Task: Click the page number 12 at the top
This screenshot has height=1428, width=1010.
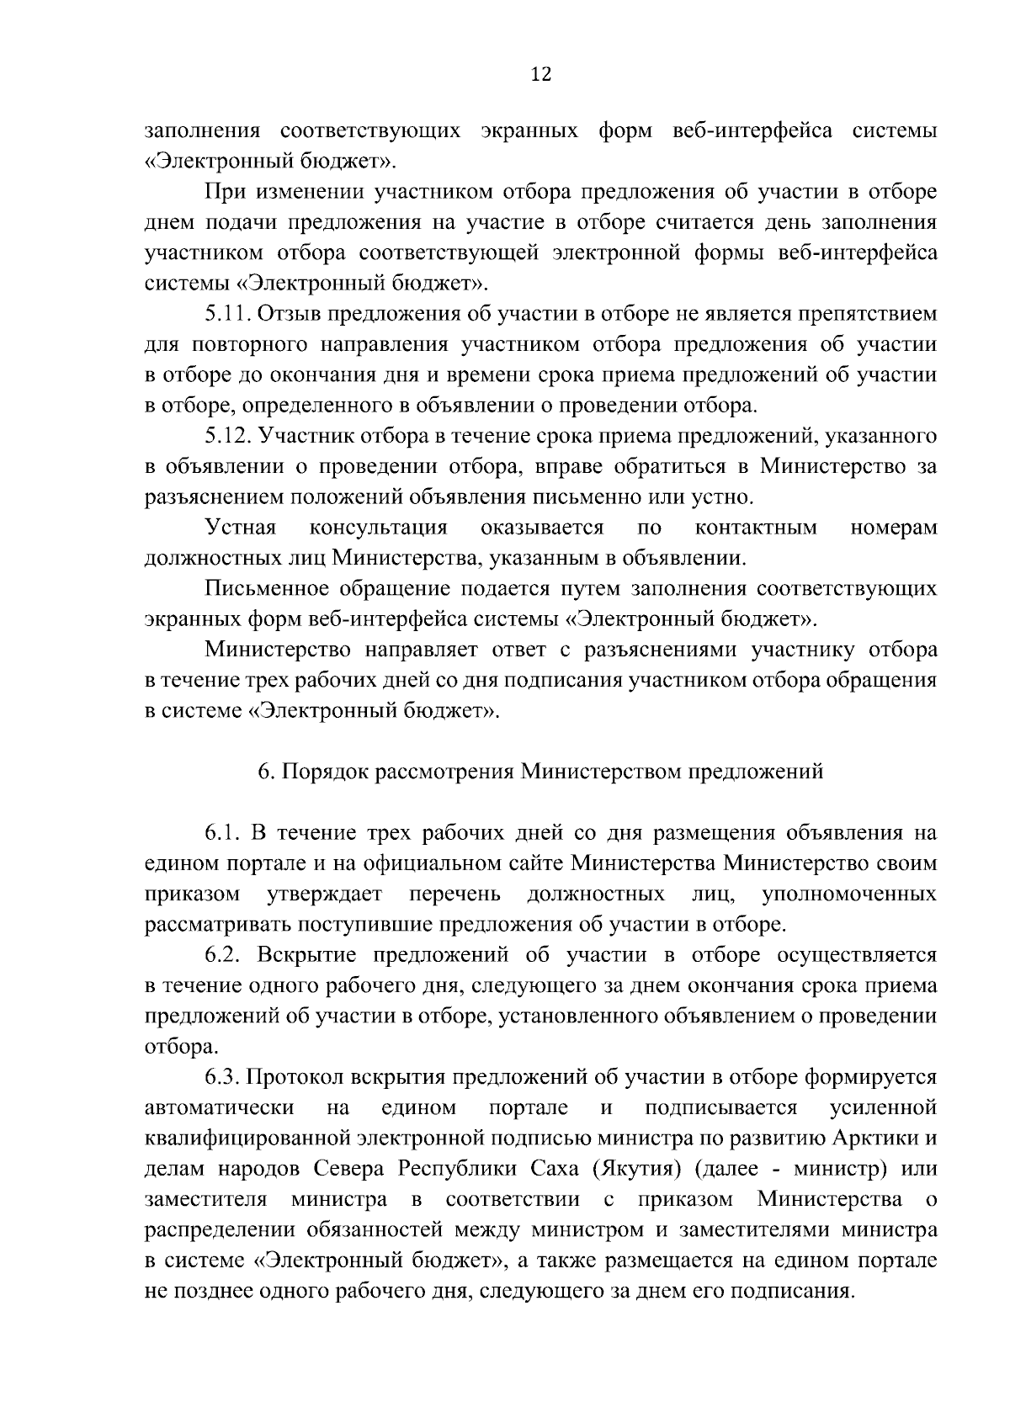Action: [540, 75]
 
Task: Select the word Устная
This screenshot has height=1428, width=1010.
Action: [241, 528]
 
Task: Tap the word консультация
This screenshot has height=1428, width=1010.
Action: [379, 528]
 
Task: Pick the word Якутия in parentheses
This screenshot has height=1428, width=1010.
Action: [644, 1169]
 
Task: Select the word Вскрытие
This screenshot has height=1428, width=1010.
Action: [305, 955]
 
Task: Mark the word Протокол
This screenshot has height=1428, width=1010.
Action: [290, 1077]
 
